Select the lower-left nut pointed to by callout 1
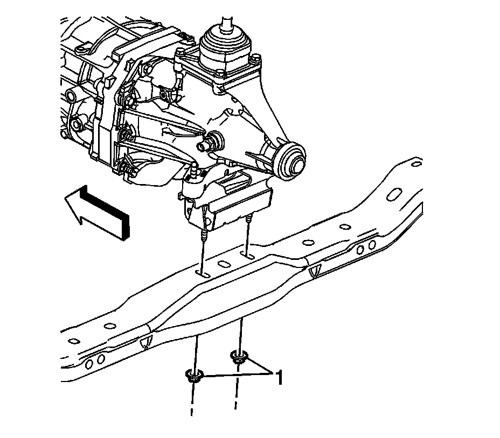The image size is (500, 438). coord(193,375)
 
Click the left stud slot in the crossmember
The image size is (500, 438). coord(203,274)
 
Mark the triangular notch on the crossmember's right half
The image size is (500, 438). coord(315,270)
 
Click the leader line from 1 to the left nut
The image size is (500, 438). coord(237,375)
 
